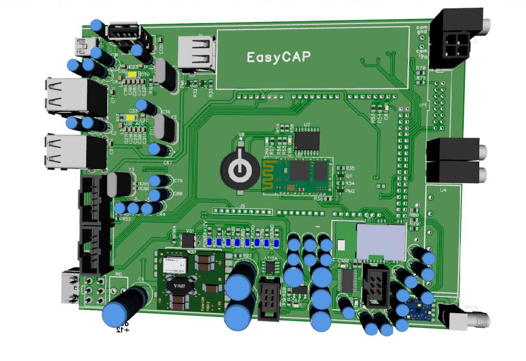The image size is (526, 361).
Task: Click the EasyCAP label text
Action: (x=278, y=57)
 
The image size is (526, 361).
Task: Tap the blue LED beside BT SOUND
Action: (x=276, y=243)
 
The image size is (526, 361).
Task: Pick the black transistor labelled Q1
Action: (x=339, y=176)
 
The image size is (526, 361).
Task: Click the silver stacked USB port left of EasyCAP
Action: (x=196, y=53)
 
